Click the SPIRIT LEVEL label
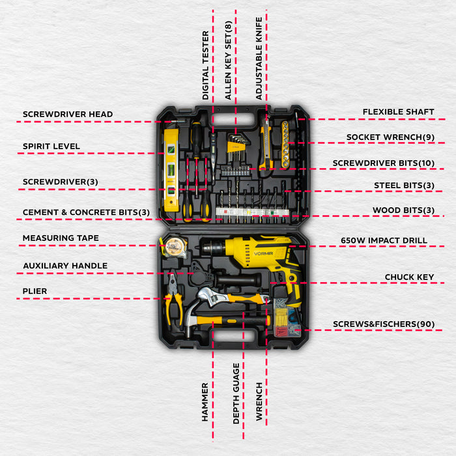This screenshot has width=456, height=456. click(x=51, y=147)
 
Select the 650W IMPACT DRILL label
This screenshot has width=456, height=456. click(x=384, y=240)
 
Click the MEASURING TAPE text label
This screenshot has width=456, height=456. click(x=61, y=238)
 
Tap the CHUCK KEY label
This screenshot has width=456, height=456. click(x=409, y=277)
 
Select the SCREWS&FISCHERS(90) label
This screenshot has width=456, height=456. click(x=384, y=324)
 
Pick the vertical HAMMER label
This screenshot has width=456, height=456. click(x=205, y=402)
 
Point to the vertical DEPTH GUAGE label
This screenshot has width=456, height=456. click(x=236, y=393)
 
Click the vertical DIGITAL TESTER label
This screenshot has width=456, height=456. click(x=205, y=65)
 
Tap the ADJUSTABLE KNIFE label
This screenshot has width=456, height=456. click(x=259, y=58)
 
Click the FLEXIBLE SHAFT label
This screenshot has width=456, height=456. click(x=398, y=112)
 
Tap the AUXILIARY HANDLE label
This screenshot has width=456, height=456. click(x=65, y=266)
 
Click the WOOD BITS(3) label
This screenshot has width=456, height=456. click(x=403, y=210)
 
